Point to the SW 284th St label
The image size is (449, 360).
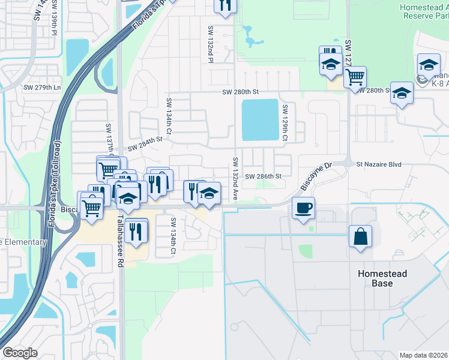(145, 145)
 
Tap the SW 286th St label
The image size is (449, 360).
(263, 176)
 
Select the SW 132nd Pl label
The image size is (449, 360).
(211, 44)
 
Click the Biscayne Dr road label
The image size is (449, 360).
(316, 176)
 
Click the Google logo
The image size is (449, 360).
(20, 352)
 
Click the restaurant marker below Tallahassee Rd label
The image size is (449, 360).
(137, 230)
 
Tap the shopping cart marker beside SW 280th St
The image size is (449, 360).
(355, 76)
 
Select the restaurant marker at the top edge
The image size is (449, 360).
(226, 5)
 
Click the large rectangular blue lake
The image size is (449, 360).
(261, 119)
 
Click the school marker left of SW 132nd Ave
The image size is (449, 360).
(208, 194)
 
